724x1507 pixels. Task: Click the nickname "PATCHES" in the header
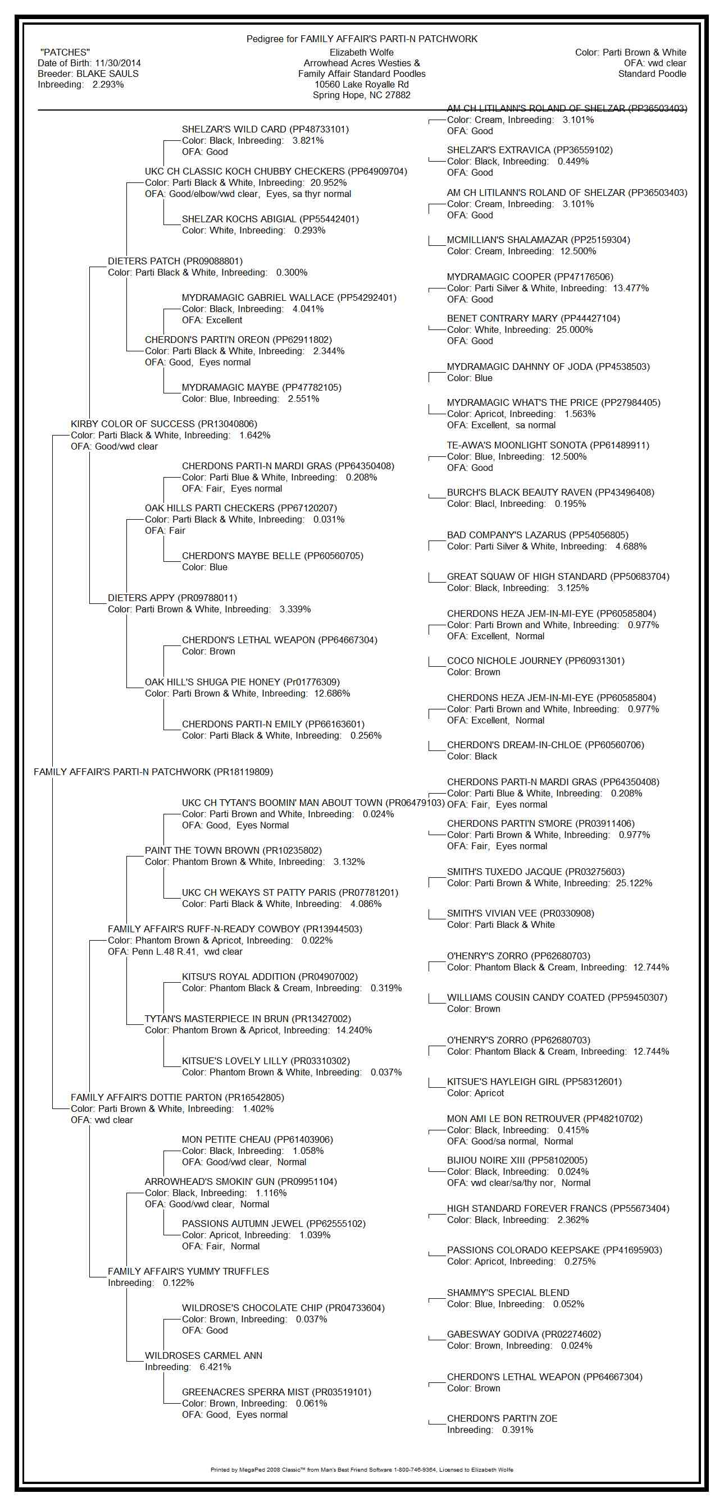(x=65, y=53)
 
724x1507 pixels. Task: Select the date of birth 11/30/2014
(x=117, y=63)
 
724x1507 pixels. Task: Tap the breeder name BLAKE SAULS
(x=108, y=74)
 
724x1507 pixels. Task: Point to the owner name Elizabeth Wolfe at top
(x=361, y=53)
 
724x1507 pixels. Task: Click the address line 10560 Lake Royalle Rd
(x=361, y=84)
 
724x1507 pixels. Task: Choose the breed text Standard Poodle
(x=652, y=74)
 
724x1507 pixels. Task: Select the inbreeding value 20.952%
(x=329, y=182)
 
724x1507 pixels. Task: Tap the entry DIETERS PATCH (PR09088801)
(x=175, y=261)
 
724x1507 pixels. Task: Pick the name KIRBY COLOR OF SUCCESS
(x=133, y=424)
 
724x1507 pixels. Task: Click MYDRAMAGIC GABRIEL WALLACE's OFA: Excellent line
(x=212, y=320)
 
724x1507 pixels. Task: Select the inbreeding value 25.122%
(x=634, y=883)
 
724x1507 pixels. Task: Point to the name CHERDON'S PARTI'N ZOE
(x=502, y=1419)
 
